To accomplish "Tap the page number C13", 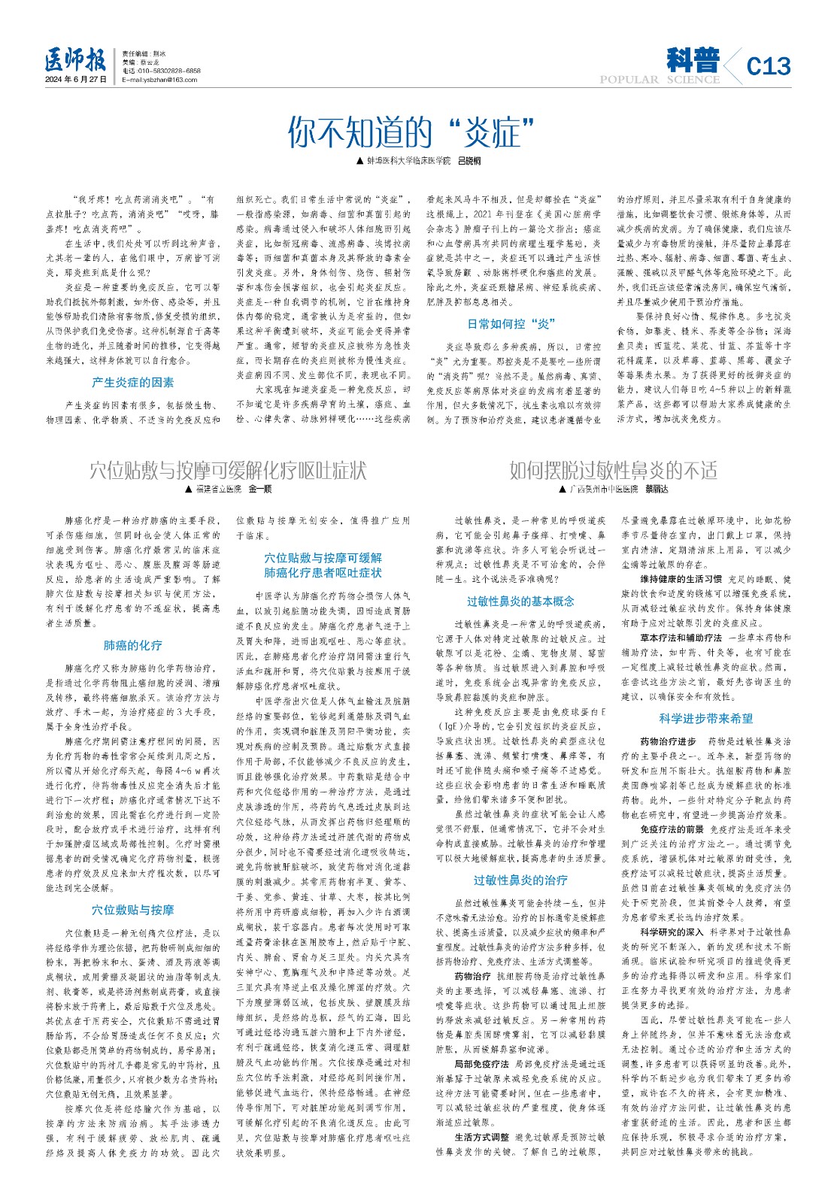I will tap(769, 66).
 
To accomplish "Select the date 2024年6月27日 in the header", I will tap(76, 80).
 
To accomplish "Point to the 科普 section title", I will tap(693, 60).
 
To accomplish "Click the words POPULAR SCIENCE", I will tap(660, 80).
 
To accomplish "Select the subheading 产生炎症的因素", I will tap(133, 383).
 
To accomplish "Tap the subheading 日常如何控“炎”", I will tap(511, 324).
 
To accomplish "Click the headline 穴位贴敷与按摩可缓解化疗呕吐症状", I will tap(228, 471).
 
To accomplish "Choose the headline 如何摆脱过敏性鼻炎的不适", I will tap(613, 471).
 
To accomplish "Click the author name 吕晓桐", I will tap(469, 162).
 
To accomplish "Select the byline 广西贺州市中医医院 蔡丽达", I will tap(613, 489).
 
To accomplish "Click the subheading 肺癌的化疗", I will tap(133, 646).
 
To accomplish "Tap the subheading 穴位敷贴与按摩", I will tap(133, 911).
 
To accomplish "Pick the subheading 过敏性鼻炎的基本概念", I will tap(520, 601).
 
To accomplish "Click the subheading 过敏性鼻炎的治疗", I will tap(520, 880).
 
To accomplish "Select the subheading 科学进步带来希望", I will tap(706, 719).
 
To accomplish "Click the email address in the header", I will tap(159, 80).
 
